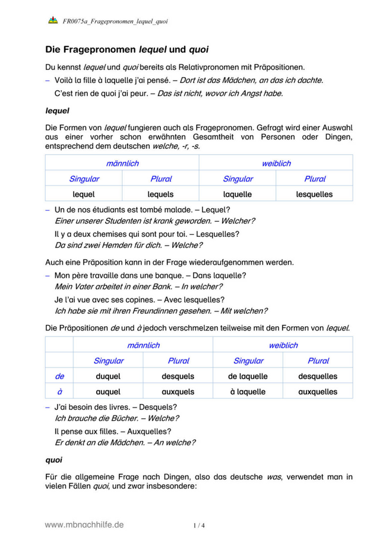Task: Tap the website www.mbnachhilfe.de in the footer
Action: click(x=85, y=524)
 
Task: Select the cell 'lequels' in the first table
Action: click(x=160, y=194)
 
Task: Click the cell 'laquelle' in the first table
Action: click(x=238, y=194)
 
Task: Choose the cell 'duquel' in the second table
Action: click(x=108, y=376)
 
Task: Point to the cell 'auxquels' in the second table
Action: click(x=178, y=392)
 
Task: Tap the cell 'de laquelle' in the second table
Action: click(x=248, y=376)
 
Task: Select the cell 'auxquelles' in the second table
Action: click(x=318, y=392)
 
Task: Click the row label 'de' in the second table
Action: click(x=59, y=376)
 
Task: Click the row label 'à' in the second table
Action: click(x=59, y=392)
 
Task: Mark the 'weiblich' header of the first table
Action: click(x=276, y=163)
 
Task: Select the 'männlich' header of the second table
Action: click(x=143, y=345)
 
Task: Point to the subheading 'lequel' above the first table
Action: click(x=57, y=110)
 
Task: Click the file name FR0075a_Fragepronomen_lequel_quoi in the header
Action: click(x=115, y=21)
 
